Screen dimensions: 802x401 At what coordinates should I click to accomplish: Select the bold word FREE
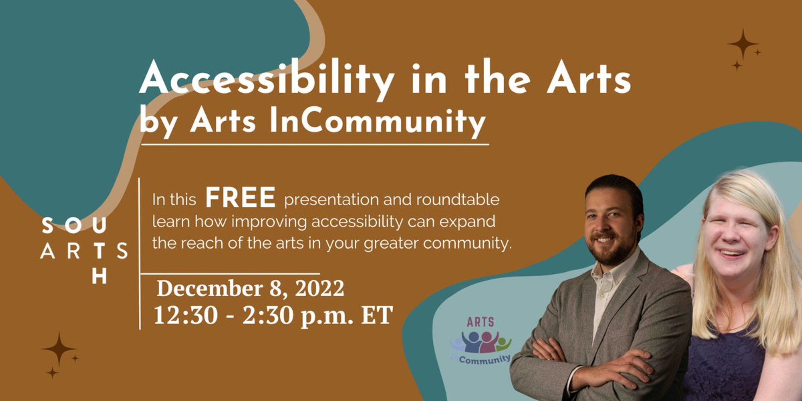point(240,198)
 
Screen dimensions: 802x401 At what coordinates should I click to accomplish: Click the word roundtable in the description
point(458,200)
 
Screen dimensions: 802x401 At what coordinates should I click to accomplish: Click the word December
point(210,288)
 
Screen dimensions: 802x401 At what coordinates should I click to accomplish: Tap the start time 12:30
point(186,315)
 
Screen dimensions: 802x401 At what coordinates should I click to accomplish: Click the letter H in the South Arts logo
point(99,276)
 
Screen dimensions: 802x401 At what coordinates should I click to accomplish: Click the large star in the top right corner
point(743,44)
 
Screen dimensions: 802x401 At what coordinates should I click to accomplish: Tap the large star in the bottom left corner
point(59,349)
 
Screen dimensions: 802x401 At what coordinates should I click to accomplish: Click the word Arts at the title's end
point(589,79)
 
